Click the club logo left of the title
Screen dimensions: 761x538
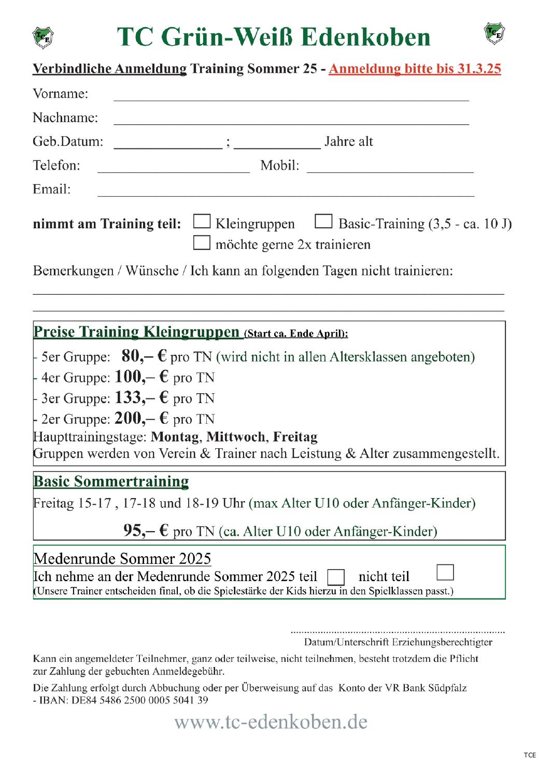[x=43, y=37]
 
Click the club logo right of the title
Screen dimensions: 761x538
[x=494, y=34]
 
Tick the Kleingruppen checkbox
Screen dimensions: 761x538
[x=202, y=222]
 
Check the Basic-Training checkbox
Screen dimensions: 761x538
[x=323, y=222]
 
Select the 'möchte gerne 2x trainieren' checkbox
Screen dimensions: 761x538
[x=202, y=243]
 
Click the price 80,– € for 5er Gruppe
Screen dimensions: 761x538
[x=144, y=356]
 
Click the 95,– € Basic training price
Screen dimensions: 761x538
[x=146, y=530]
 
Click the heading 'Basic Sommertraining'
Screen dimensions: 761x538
[x=111, y=481]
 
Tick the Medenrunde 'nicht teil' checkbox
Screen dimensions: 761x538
[x=445, y=572]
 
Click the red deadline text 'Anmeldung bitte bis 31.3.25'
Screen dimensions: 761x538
[x=415, y=69]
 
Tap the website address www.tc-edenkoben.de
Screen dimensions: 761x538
[x=271, y=722]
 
